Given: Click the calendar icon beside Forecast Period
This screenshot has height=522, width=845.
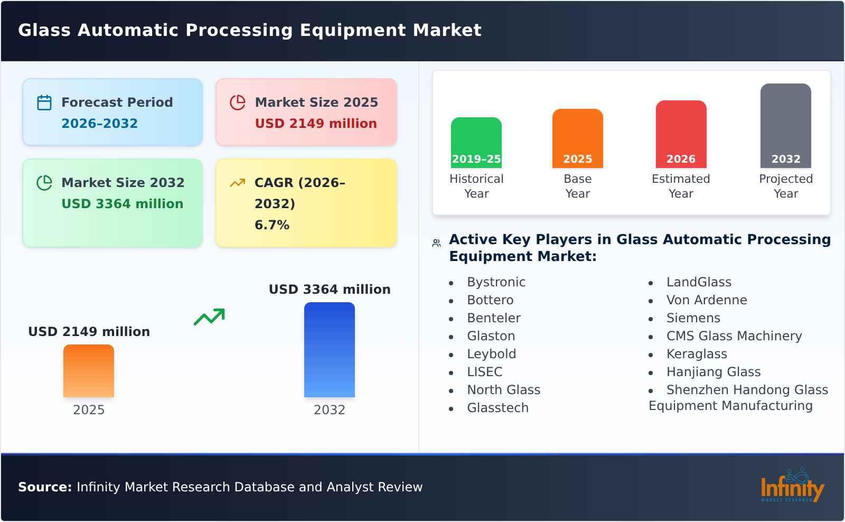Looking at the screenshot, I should tap(44, 102).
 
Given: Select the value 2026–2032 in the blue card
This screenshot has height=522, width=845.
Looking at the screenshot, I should tap(99, 124).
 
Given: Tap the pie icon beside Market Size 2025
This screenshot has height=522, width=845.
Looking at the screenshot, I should tap(238, 102).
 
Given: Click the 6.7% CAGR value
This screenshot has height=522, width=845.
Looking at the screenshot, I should tap(272, 225).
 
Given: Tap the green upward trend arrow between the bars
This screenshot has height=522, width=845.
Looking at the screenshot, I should tap(210, 316).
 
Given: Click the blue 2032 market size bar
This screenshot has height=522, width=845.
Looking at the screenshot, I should tap(329, 350).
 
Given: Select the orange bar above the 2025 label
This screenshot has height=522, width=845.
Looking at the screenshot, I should tap(89, 371).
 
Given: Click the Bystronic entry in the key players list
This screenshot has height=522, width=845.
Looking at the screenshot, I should tap(496, 282).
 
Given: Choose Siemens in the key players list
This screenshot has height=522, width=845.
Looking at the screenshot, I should tap(693, 318).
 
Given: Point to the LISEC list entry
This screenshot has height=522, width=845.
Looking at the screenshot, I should tap(484, 372).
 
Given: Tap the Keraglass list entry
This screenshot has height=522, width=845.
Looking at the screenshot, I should tap(697, 354).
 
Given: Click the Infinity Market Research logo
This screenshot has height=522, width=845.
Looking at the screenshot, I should tap(792, 486).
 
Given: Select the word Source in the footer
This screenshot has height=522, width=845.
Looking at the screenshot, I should tap(44, 487).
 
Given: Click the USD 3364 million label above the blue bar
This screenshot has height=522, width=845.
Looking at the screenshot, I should tap(330, 290).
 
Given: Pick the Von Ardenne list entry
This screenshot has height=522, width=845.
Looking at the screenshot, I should tap(706, 300).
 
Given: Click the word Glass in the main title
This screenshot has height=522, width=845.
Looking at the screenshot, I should tap(44, 30).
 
